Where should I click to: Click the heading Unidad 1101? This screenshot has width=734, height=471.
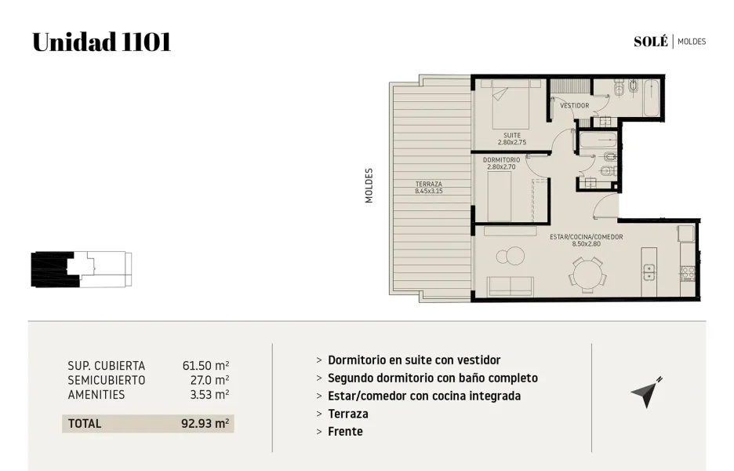pos(102,42)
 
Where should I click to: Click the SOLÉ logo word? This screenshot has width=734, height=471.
pos(651,42)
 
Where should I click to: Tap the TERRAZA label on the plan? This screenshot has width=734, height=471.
pos(428,184)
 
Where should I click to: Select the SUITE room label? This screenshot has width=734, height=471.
pos(511,135)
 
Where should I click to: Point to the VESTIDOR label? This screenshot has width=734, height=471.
pos(574,105)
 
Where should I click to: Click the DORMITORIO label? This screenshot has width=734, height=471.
pos(501,160)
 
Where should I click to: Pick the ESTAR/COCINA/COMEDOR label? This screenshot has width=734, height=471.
pos(586,236)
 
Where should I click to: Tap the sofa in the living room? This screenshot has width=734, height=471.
pos(511,287)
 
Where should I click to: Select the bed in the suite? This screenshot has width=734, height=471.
pos(511,104)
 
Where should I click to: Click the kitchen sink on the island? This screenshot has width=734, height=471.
pos(649,272)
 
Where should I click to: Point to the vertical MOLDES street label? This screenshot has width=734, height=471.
pos(369,185)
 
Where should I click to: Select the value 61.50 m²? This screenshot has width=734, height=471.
pos(205,366)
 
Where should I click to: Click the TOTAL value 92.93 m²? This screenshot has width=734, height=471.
pos(205,424)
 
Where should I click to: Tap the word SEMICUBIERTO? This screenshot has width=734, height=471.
pos(107,380)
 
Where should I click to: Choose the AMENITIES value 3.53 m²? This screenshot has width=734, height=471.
pos(209,395)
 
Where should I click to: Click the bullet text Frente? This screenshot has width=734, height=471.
pos(345,432)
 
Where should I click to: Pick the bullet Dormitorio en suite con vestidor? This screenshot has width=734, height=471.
pos(414,360)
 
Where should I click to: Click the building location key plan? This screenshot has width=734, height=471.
pos(82,269)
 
